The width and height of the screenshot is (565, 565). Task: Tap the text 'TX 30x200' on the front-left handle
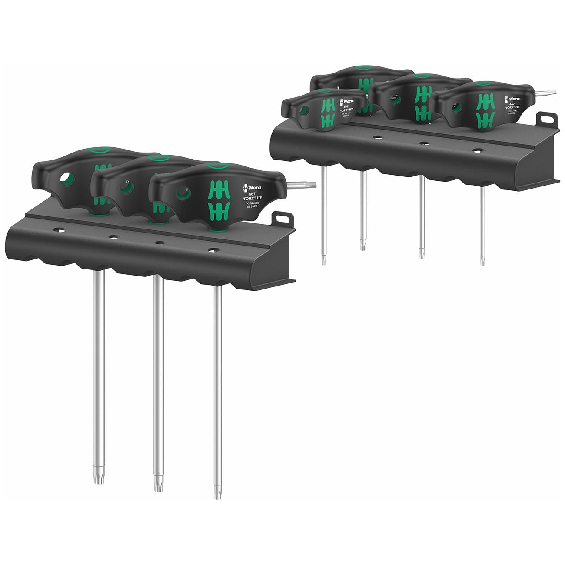pos(253,203)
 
